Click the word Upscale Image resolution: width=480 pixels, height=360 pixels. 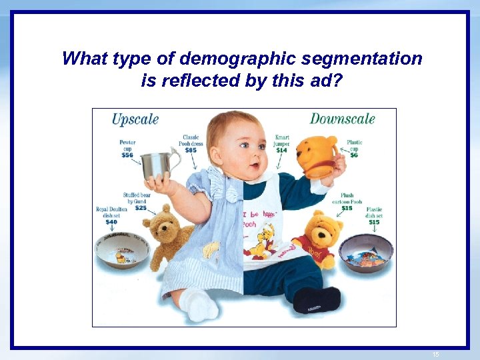tap(135, 120)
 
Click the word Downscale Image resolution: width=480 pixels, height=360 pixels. tap(342, 119)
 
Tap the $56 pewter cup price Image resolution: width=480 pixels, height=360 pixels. tap(127, 155)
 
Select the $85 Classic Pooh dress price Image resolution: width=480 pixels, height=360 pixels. tap(191, 150)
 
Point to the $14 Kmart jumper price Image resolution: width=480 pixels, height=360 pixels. tap(281, 150)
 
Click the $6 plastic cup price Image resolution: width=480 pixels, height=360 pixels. tap(354, 155)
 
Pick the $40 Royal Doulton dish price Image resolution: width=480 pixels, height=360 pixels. tap(111, 222)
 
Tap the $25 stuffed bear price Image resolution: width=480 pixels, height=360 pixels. tap(140, 208)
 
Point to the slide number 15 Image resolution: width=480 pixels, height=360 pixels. tap(436, 355)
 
